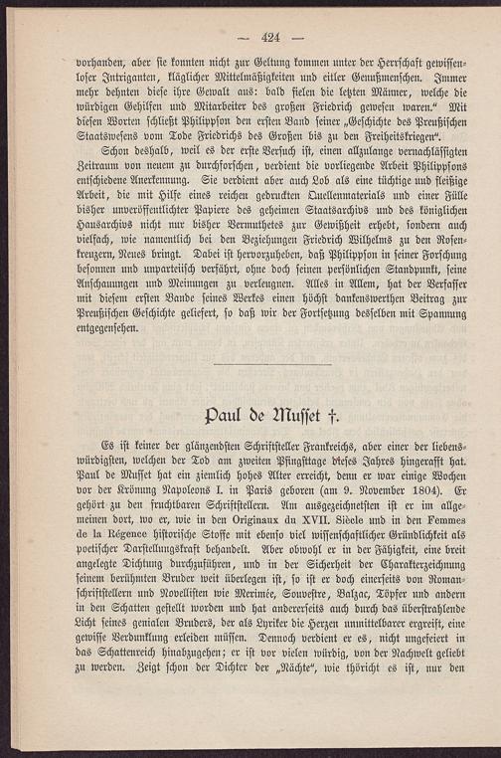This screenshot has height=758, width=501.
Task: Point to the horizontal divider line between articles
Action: point(272,364)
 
